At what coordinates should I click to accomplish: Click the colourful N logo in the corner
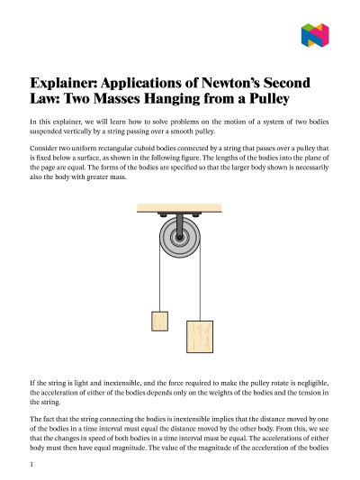click(x=315, y=35)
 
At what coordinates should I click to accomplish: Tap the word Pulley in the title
click(x=269, y=99)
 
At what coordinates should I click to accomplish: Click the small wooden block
click(x=159, y=322)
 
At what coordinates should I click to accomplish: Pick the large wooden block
click(x=200, y=337)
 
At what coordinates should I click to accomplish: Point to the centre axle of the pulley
click(x=179, y=237)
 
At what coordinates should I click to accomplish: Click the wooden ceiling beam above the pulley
click(x=179, y=208)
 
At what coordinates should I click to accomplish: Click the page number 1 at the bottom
click(x=31, y=465)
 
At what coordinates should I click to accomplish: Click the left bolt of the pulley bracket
click(x=163, y=215)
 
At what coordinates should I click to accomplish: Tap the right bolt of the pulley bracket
click(x=195, y=215)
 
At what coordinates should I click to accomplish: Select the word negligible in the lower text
click(x=313, y=384)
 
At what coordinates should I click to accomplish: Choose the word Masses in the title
click(x=116, y=98)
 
